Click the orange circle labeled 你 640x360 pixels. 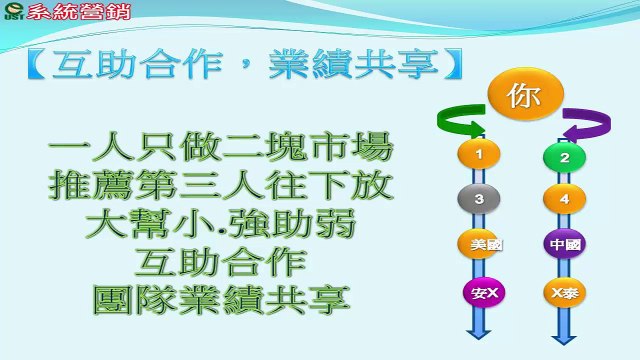point(525,94)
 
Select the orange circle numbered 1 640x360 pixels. point(479,154)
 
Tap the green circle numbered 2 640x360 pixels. point(564,157)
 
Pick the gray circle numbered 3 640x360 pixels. point(479,199)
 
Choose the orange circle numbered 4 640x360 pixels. point(564,199)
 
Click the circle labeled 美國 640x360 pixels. point(480,244)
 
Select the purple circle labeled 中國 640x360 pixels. point(564,244)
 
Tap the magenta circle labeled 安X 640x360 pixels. point(484,293)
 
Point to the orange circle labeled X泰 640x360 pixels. point(564,293)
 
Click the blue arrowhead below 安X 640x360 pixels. point(478,332)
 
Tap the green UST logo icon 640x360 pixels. point(13,11)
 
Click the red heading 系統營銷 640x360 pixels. point(79,11)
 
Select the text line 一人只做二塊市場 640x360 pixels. point(221,147)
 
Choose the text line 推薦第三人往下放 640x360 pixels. point(221,185)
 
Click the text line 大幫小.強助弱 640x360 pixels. point(221,223)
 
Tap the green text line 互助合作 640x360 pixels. point(221,262)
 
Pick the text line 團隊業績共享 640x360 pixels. point(221,300)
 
